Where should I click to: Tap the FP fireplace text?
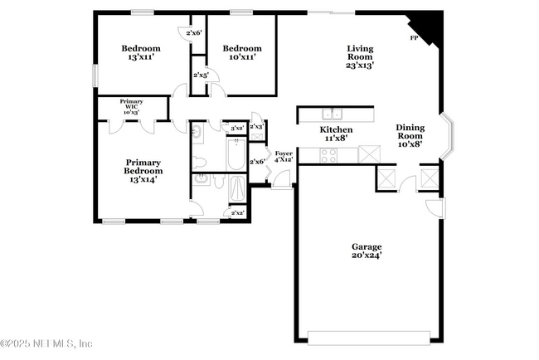(414, 39)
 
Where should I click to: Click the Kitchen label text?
(337, 134)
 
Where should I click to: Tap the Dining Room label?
(410, 134)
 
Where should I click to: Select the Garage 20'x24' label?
(367, 251)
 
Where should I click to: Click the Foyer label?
(284, 157)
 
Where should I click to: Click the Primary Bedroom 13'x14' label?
(143, 170)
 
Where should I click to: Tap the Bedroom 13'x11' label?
(141, 52)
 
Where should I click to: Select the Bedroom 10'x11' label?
(242, 52)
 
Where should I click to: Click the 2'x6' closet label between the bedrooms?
(193, 33)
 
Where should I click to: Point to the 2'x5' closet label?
(201, 75)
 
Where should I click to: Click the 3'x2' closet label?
(236, 128)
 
